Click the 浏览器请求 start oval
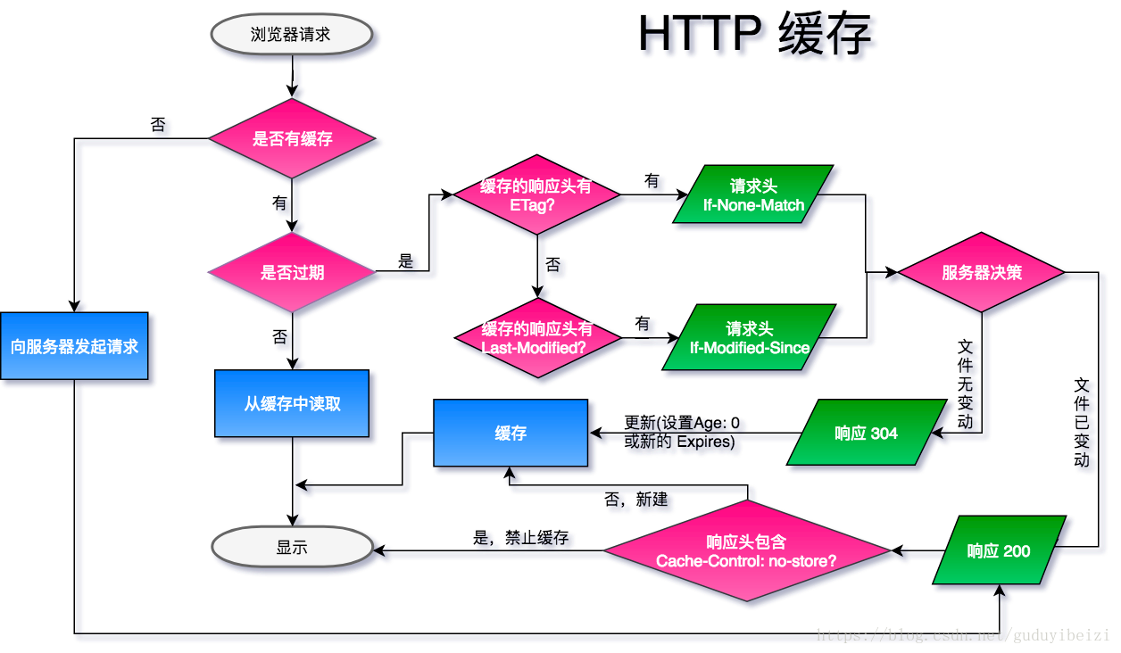pos(291,35)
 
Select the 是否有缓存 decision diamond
pos(292,139)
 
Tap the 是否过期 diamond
pos(292,273)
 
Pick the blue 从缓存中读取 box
pos(292,404)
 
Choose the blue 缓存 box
pos(511,434)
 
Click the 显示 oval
pos(292,548)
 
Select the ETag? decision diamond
pos(536,195)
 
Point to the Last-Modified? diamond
pos(536,338)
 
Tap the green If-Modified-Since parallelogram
pos(750,338)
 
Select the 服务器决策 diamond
pos(982,273)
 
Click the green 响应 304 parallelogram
pos(866,434)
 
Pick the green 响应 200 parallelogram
pos(999,551)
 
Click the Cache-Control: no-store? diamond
pos(746,551)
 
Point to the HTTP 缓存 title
pos(760,38)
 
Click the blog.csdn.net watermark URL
pos(963,635)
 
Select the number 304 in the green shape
pos(884,434)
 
